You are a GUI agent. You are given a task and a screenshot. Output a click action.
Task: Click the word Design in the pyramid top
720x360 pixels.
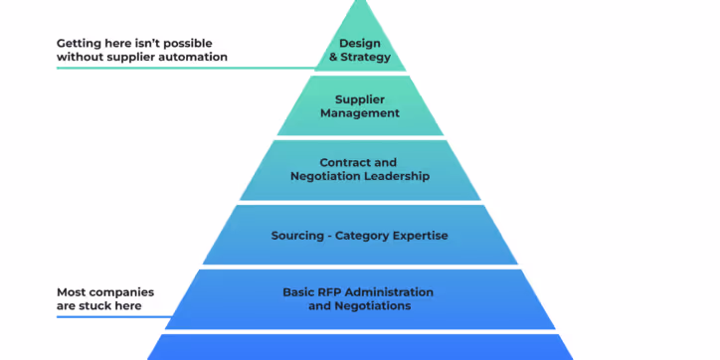point(359,43)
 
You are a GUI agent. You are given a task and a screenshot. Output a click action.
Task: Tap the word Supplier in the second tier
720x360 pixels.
point(359,99)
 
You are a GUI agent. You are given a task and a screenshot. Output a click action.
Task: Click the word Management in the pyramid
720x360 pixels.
point(359,113)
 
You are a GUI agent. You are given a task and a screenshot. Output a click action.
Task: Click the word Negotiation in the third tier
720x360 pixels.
point(323,176)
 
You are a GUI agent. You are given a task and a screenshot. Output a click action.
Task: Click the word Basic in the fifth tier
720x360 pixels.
point(298,292)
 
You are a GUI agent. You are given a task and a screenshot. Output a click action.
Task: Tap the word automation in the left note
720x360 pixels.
point(194,57)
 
